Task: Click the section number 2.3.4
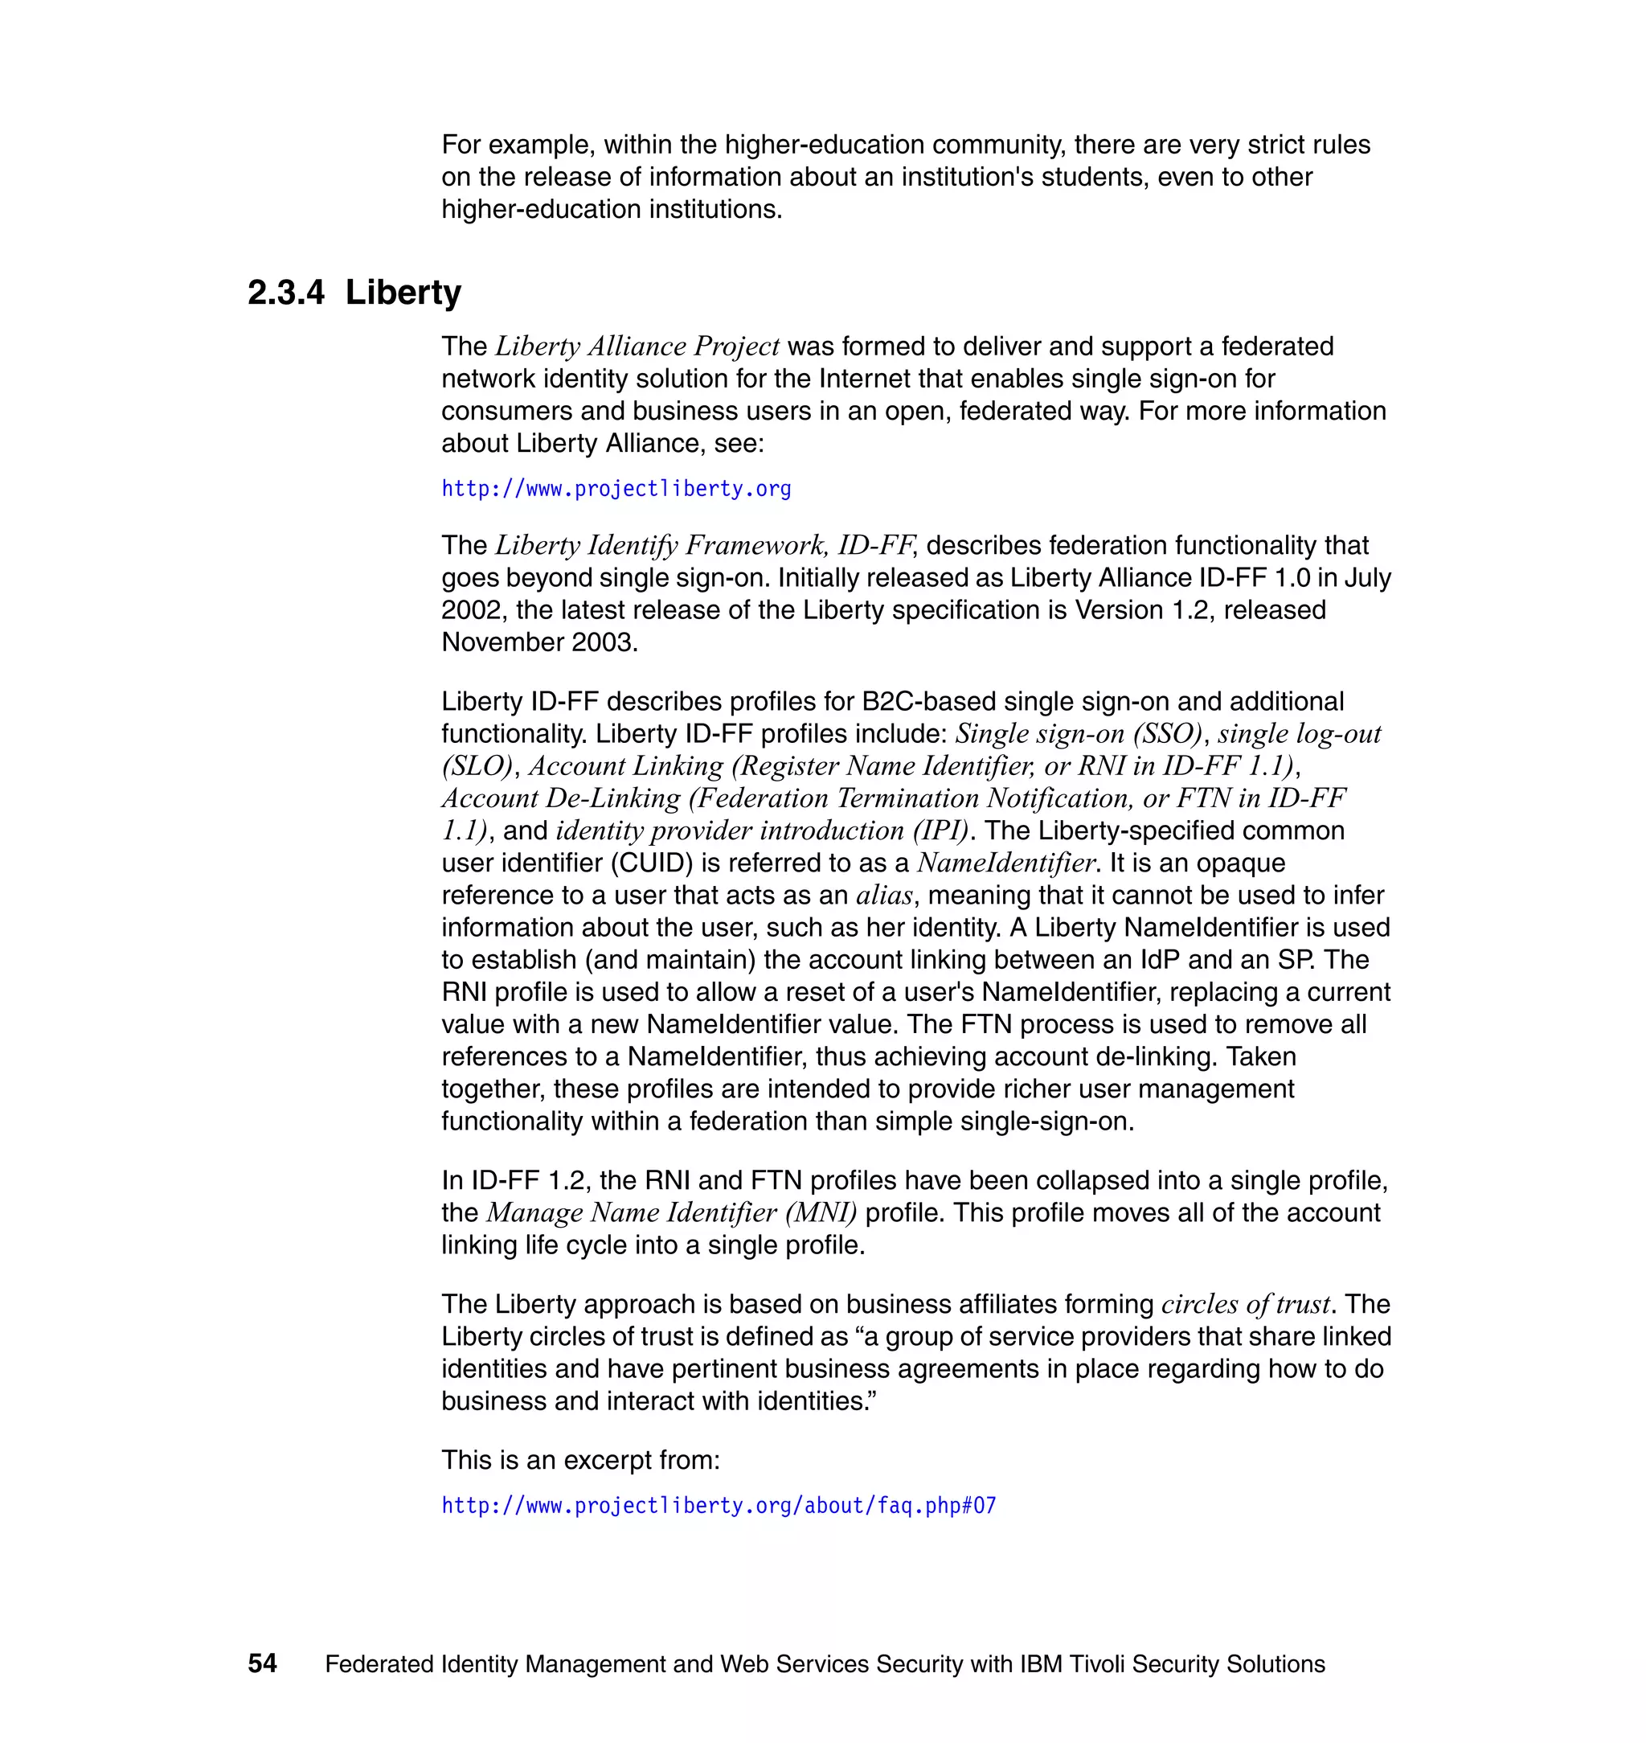click(286, 293)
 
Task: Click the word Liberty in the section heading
click(403, 293)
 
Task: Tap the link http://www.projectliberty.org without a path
click(616, 489)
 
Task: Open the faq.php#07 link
click(719, 1505)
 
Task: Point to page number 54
click(262, 1663)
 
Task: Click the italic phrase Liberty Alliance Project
click(637, 347)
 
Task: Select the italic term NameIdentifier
click(1006, 863)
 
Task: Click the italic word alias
click(884, 895)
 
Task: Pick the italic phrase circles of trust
click(1246, 1304)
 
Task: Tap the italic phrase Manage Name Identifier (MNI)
click(671, 1213)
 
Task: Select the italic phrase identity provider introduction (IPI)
click(762, 830)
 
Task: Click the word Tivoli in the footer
click(1097, 1664)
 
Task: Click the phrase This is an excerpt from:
click(580, 1459)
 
